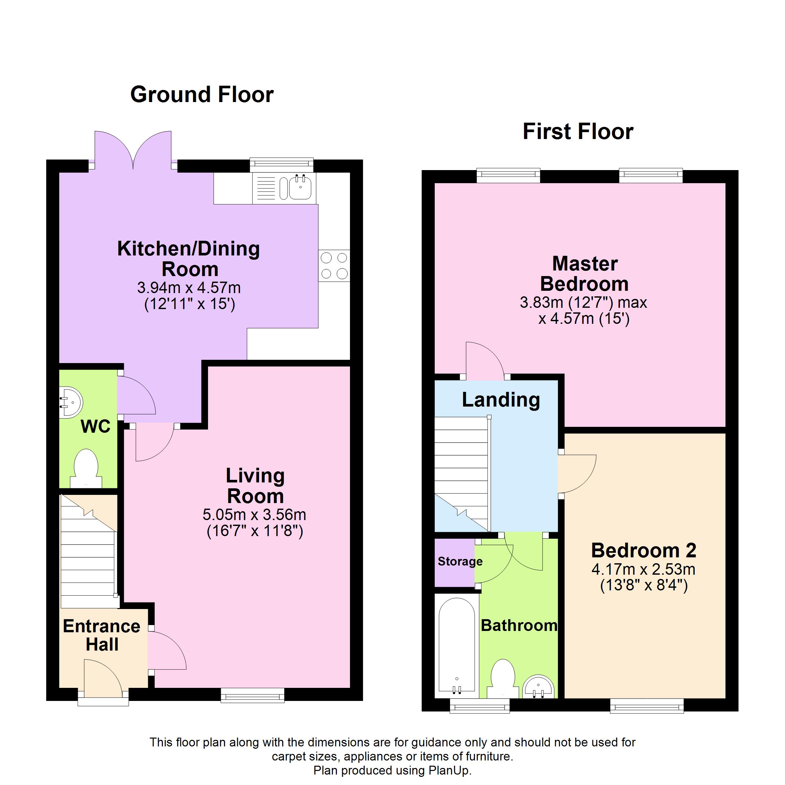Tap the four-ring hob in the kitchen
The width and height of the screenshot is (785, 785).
click(x=334, y=266)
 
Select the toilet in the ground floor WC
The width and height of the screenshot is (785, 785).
click(x=86, y=468)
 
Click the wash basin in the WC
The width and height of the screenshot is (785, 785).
click(x=71, y=402)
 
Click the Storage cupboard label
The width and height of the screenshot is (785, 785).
click(x=460, y=562)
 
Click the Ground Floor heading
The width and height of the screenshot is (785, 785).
click(x=202, y=94)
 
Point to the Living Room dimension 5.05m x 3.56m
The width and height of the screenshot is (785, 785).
click(x=254, y=515)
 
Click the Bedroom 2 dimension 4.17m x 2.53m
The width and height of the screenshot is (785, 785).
click(x=644, y=569)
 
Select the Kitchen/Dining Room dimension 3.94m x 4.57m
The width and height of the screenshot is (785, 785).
click(x=189, y=288)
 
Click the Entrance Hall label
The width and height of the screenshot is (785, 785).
click(x=102, y=636)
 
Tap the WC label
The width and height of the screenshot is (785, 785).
click(x=96, y=427)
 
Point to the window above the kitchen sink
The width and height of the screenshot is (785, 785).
click(x=282, y=165)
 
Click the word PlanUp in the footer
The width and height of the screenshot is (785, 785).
click(x=448, y=770)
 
